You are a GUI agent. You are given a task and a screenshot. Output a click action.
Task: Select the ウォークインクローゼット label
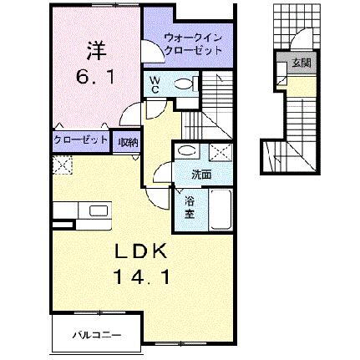193,43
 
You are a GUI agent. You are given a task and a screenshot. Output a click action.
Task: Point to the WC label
155,84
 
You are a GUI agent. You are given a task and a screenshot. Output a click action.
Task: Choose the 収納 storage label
128,141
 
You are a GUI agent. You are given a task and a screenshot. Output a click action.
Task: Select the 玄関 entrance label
300,63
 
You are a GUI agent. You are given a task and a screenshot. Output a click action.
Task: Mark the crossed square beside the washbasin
221,152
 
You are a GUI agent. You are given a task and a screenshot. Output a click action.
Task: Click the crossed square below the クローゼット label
60,164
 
